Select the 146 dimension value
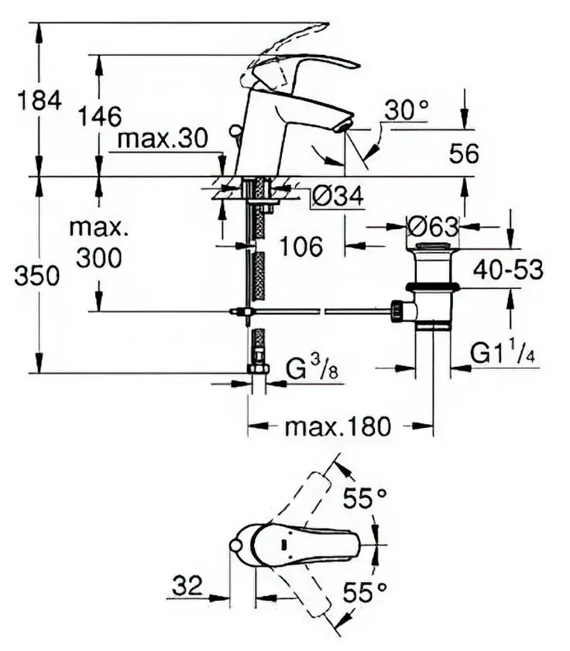100,116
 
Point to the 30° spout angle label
406,111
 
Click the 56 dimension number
465,154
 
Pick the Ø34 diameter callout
338,198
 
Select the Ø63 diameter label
433,227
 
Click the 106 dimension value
300,247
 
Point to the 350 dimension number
36,276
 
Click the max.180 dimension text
338,426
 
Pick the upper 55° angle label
365,499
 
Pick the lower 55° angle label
365,594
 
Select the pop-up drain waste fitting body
432,286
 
